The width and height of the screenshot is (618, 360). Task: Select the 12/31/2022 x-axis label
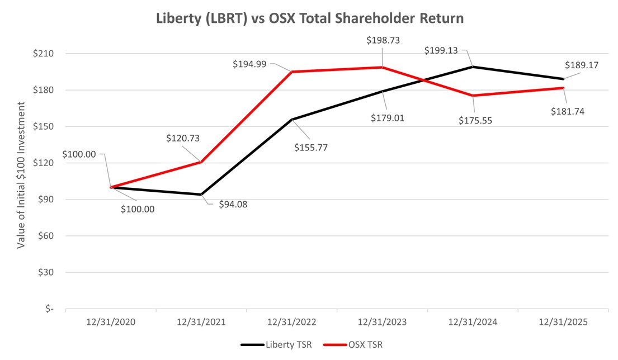(291, 323)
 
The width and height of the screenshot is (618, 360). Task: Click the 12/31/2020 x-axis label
(111, 323)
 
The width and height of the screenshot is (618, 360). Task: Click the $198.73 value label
(383, 40)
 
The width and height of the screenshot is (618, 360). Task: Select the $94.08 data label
(229, 204)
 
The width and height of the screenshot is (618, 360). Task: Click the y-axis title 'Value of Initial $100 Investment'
(21, 174)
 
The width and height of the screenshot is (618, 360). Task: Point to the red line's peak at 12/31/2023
(382, 67)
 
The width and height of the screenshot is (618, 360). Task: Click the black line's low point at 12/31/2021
(201, 195)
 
